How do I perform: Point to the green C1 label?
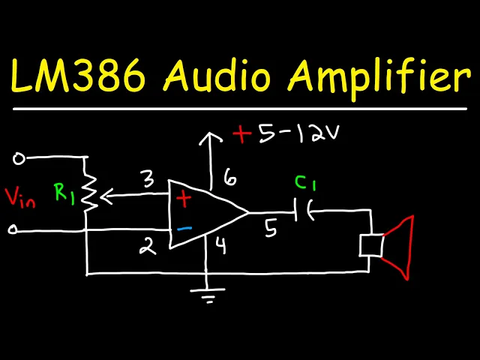304,183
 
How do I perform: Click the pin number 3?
146,180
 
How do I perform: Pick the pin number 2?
148,246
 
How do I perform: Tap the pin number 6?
228,178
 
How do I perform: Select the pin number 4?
220,244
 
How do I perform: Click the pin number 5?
271,228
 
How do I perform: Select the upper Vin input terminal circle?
19,158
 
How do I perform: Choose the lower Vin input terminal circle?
13,230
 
